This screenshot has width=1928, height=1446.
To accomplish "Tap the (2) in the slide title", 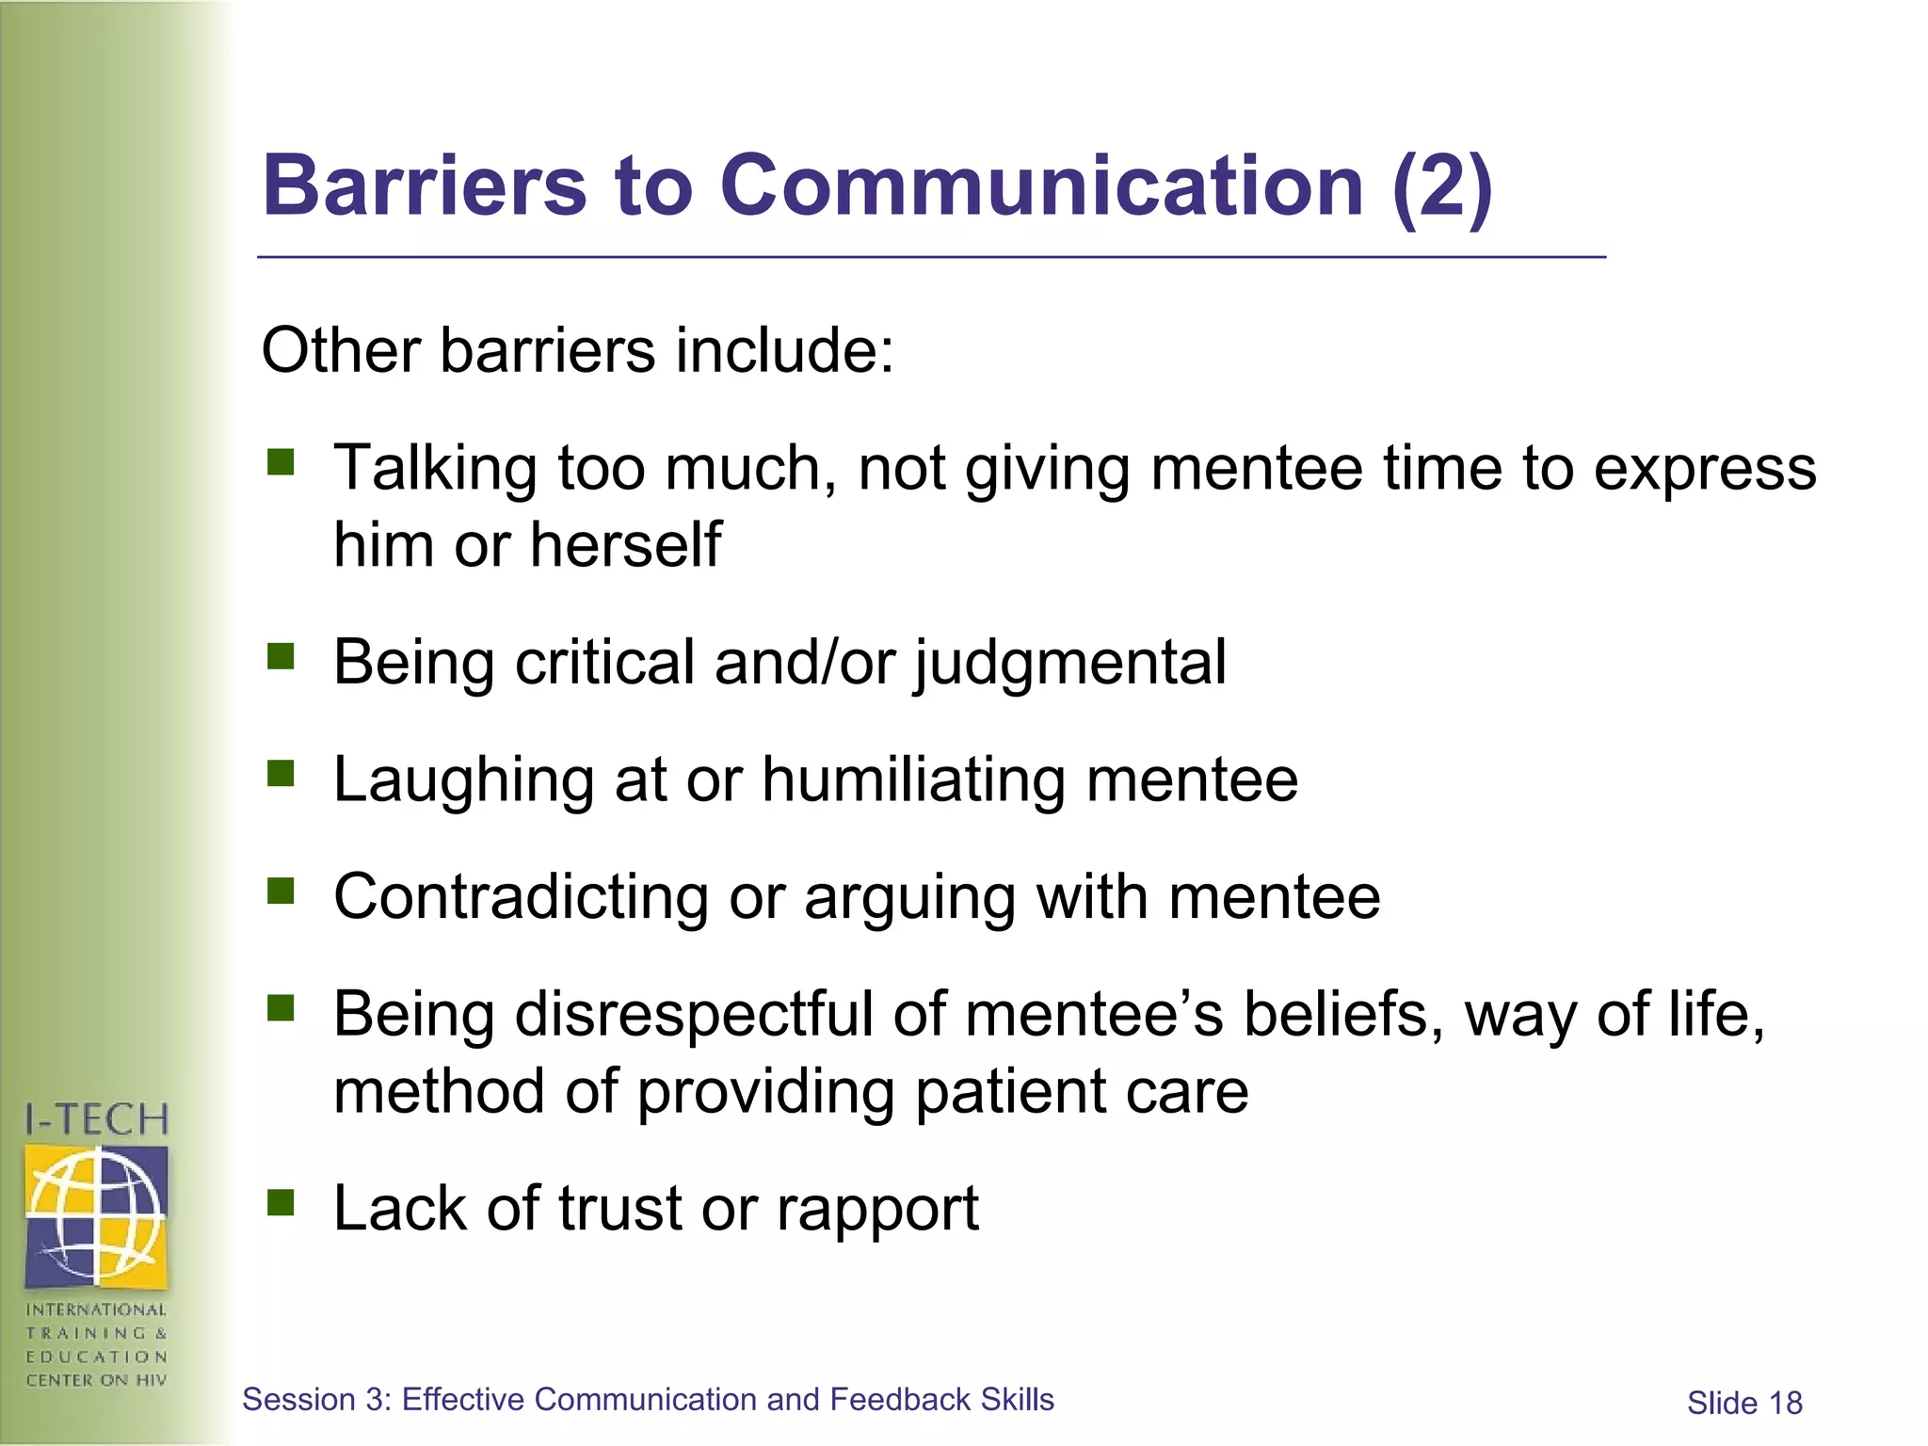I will [1441, 187].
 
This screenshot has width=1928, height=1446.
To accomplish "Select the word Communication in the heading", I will [1041, 185].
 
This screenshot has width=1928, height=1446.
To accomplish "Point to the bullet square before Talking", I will [281, 462].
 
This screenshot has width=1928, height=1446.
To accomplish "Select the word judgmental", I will [1070, 663].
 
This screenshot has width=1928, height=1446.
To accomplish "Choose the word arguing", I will [909, 898].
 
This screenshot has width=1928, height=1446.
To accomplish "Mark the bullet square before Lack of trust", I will [281, 1202].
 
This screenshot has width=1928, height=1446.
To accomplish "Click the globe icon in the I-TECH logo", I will [96, 1215].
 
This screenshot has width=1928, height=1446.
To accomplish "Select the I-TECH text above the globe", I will [96, 1120].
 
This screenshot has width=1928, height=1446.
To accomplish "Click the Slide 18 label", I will [1743, 1404].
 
